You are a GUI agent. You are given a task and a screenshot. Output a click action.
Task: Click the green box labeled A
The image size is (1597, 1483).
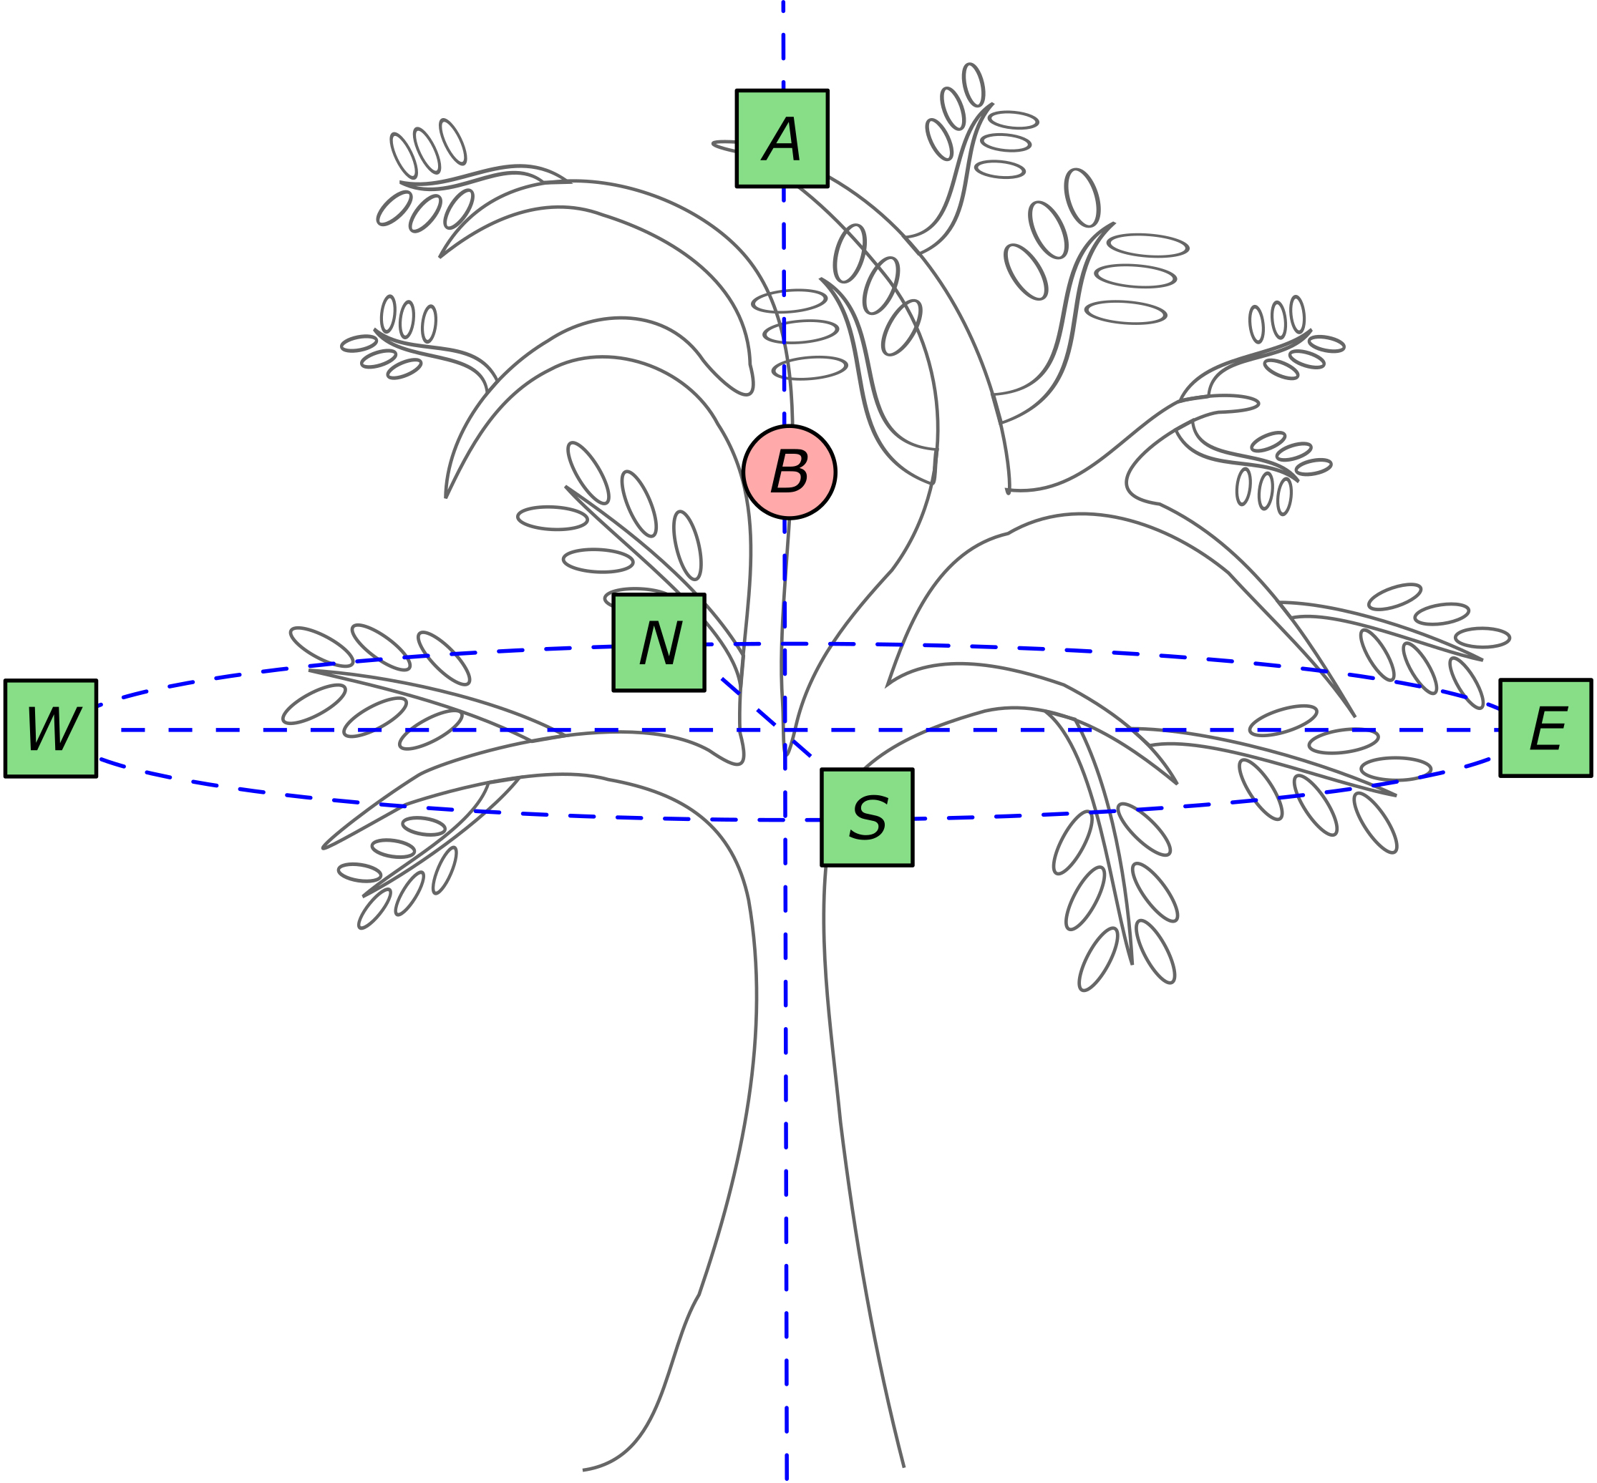pyautogui.click(x=782, y=138)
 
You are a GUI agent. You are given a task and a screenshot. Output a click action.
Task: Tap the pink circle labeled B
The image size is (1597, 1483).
pyautogui.click(x=789, y=472)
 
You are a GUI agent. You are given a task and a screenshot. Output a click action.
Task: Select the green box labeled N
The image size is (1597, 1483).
pyautogui.click(x=659, y=642)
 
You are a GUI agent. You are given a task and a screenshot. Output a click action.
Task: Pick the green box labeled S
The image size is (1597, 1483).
pyautogui.click(x=867, y=817)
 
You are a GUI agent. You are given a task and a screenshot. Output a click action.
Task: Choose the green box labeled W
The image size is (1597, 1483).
pyautogui.click(x=51, y=728)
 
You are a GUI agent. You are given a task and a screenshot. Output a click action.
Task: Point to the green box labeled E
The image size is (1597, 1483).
pyautogui.click(x=1545, y=728)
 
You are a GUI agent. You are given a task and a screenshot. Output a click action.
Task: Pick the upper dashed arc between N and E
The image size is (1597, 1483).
pyautogui.click(x=1124, y=651)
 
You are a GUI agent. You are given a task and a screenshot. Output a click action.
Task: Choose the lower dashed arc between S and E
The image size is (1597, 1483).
pyautogui.click(x=1204, y=804)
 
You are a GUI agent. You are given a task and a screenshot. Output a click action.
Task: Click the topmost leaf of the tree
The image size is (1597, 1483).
pyautogui.click(x=974, y=84)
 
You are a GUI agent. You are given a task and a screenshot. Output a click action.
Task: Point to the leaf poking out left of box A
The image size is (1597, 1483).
pyautogui.click(x=723, y=145)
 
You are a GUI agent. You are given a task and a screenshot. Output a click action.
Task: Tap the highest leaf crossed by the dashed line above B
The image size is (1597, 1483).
pyautogui.click(x=789, y=301)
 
